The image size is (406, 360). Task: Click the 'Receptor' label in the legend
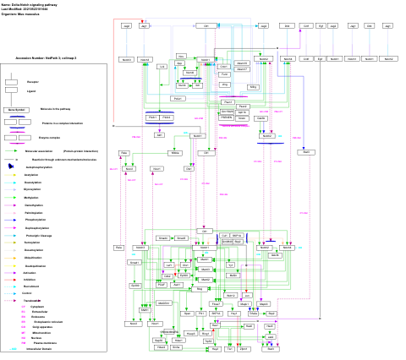tap(32, 82)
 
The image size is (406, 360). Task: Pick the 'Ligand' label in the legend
tap(31, 91)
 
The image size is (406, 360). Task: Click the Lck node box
tap(162, 67)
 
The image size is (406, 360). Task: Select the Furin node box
tap(225, 74)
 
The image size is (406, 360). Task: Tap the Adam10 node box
tap(242, 63)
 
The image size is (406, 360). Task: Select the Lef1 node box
tap(169, 265)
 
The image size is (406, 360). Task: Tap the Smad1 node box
tap(134, 263)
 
